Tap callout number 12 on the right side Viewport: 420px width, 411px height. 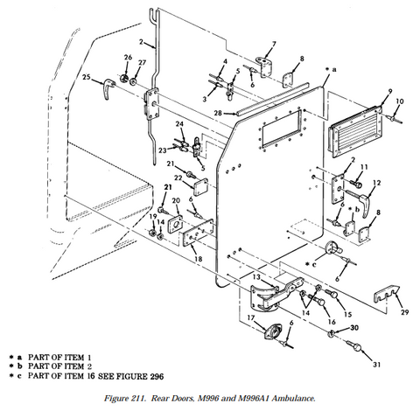tap(376, 184)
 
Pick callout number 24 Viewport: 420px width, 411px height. tap(180, 124)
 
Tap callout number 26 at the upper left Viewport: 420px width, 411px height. tap(127, 58)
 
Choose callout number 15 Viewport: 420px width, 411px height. tap(347, 314)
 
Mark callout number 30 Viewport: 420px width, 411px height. tap(354, 327)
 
